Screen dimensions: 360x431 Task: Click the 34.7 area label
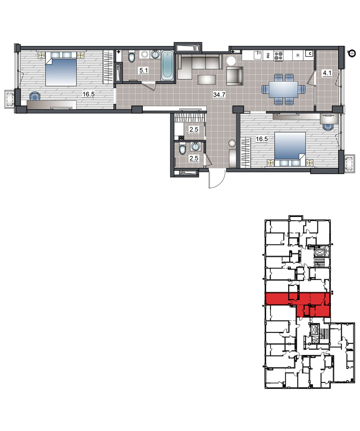tap(219, 95)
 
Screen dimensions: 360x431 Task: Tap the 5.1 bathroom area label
tap(144, 71)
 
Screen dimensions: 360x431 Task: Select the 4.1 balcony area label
tap(327, 73)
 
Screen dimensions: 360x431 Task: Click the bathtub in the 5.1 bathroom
tap(167, 65)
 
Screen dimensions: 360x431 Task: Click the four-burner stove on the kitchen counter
tap(278, 56)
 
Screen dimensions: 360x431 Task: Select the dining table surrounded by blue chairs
tap(284, 89)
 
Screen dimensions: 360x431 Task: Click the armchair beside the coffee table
tap(235, 76)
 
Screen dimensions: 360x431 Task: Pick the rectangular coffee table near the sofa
tap(207, 79)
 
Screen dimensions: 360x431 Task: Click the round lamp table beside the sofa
tap(231, 61)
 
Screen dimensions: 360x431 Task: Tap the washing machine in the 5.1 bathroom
tap(144, 55)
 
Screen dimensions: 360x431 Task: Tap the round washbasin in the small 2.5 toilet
tap(195, 146)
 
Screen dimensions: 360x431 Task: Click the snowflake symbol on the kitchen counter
tap(298, 55)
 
